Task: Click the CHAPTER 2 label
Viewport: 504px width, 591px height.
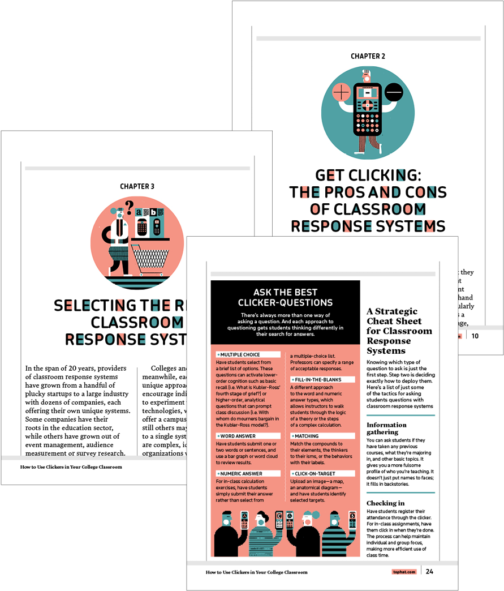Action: click(368, 57)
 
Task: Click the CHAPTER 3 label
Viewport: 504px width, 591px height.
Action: click(137, 186)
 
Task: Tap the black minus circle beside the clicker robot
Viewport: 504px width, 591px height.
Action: click(394, 91)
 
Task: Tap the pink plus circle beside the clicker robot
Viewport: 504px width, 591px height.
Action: click(342, 91)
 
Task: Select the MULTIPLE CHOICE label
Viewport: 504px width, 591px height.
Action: click(240, 355)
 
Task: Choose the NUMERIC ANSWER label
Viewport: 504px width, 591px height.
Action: click(241, 473)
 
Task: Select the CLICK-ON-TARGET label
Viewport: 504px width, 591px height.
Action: click(315, 473)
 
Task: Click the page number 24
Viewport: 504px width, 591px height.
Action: click(430, 571)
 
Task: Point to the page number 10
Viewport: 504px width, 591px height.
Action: click(475, 336)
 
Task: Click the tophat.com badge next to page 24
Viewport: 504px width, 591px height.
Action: click(404, 572)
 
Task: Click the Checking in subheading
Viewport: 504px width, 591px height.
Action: click(385, 503)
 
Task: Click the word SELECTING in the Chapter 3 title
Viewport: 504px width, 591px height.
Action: click(95, 306)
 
